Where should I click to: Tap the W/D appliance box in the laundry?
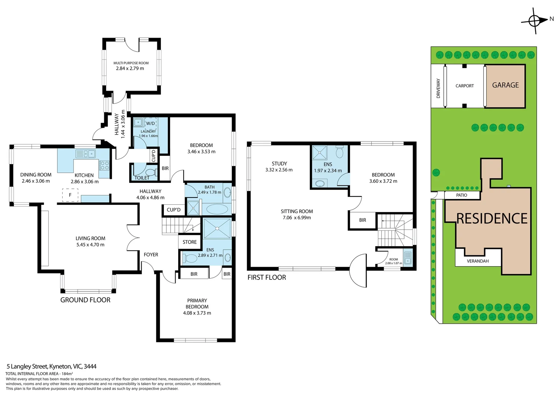(150, 123)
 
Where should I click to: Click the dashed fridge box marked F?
(70, 195)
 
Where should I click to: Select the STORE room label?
(190, 242)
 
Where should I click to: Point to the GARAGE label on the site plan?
(505, 85)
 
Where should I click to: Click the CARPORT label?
(464, 86)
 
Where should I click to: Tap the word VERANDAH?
(478, 261)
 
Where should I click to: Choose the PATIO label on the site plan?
(461, 195)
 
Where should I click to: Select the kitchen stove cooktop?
(104, 165)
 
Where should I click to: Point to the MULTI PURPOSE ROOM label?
(131, 63)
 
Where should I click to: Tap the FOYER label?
(151, 255)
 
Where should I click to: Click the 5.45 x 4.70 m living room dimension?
(90, 245)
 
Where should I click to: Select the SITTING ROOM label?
(297, 211)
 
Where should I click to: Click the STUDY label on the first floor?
(279, 163)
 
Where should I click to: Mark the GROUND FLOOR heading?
(85, 300)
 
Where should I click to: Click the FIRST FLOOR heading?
(267, 278)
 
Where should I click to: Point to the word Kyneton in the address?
(60, 366)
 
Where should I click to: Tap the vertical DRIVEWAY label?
(438, 89)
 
